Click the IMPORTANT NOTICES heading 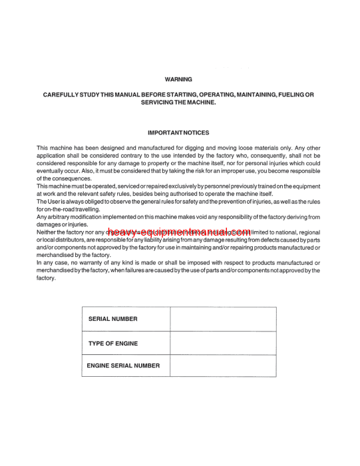pyautogui.click(x=178, y=132)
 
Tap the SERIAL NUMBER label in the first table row pyautogui.click(x=113, y=319)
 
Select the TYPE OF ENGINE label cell pyautogui.click(x=113, y=343)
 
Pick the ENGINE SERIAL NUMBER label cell pyautogui.click(x=124, y=365)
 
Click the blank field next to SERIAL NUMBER pyautogui.click(x=223, y=319)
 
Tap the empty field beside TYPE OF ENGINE pyautogui.click(x=223, y=343)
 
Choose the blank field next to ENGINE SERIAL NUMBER pyautogui.click(x=223, y=365)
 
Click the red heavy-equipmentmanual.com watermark pyautogui.click(x=178, y=232)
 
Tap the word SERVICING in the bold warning pyautogui.click(x=160, y=103)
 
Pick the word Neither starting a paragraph pyautogui.click(x=48, y=232)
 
